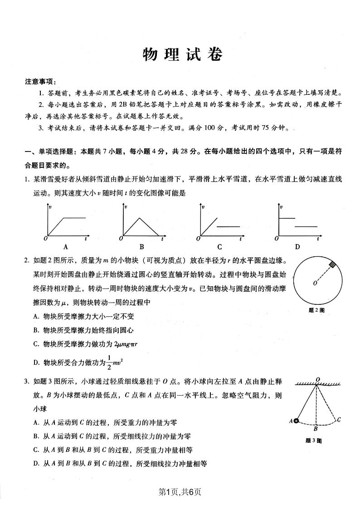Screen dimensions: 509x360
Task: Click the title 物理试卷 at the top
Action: [x=183, y=55]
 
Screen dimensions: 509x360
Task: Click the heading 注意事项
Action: [x=40, y=82]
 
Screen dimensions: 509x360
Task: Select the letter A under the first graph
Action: [x=66, y=247]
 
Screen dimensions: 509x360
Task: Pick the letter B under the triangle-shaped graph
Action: [x=141, y=247]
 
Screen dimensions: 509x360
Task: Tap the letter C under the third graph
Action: [x=219, y=247]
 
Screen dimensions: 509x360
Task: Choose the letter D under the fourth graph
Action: [x=297, y=247]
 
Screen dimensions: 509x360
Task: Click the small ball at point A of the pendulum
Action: [x=296, y=421]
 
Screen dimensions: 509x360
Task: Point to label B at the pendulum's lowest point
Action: [x=316, y=428]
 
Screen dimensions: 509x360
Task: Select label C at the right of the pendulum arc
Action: [x=339, y=420]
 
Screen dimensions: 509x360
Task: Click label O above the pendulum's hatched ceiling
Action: [x=318, y=379]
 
